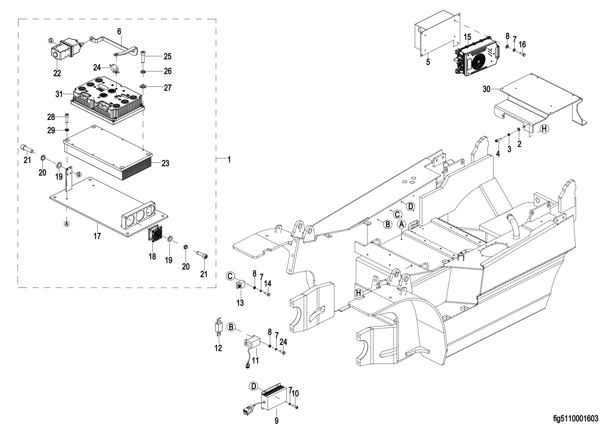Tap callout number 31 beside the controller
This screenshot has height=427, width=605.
59,94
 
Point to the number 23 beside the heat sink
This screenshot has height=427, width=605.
165,163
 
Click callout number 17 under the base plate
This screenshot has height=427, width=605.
97,236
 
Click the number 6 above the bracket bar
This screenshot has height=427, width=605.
119,32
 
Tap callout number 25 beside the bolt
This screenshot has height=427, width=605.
167,57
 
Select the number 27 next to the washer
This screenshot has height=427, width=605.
167,88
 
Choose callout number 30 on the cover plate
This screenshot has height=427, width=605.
486,89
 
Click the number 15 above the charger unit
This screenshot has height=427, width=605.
468,37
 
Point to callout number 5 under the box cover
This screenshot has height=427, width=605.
428,62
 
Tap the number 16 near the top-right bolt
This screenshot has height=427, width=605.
522,44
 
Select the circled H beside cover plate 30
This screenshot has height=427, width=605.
544,129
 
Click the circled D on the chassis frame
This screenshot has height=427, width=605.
411,206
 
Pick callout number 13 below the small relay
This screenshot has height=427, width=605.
240,302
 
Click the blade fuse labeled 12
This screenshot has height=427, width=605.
218,327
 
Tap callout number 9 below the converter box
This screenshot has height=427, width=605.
276,421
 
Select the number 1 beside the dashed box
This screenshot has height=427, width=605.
229,160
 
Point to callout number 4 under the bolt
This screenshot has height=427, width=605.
498,154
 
